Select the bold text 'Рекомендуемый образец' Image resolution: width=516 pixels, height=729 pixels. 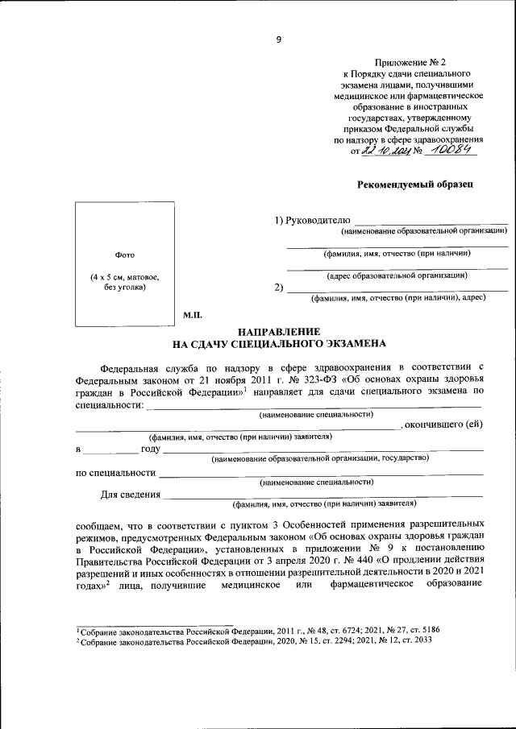[414, 184]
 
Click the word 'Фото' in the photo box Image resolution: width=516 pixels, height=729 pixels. [124, 254]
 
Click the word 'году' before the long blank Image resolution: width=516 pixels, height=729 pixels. [151, 447]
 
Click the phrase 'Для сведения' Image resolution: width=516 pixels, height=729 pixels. [130, 494]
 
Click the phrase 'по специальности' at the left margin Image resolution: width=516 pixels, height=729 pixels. [115, 470]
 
